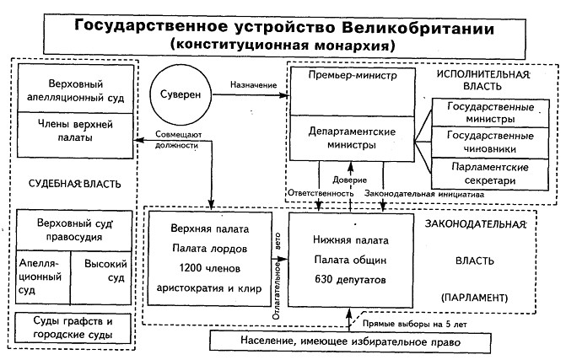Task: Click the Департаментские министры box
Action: [x=347, y=137]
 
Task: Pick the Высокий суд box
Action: [x=105, y=271]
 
